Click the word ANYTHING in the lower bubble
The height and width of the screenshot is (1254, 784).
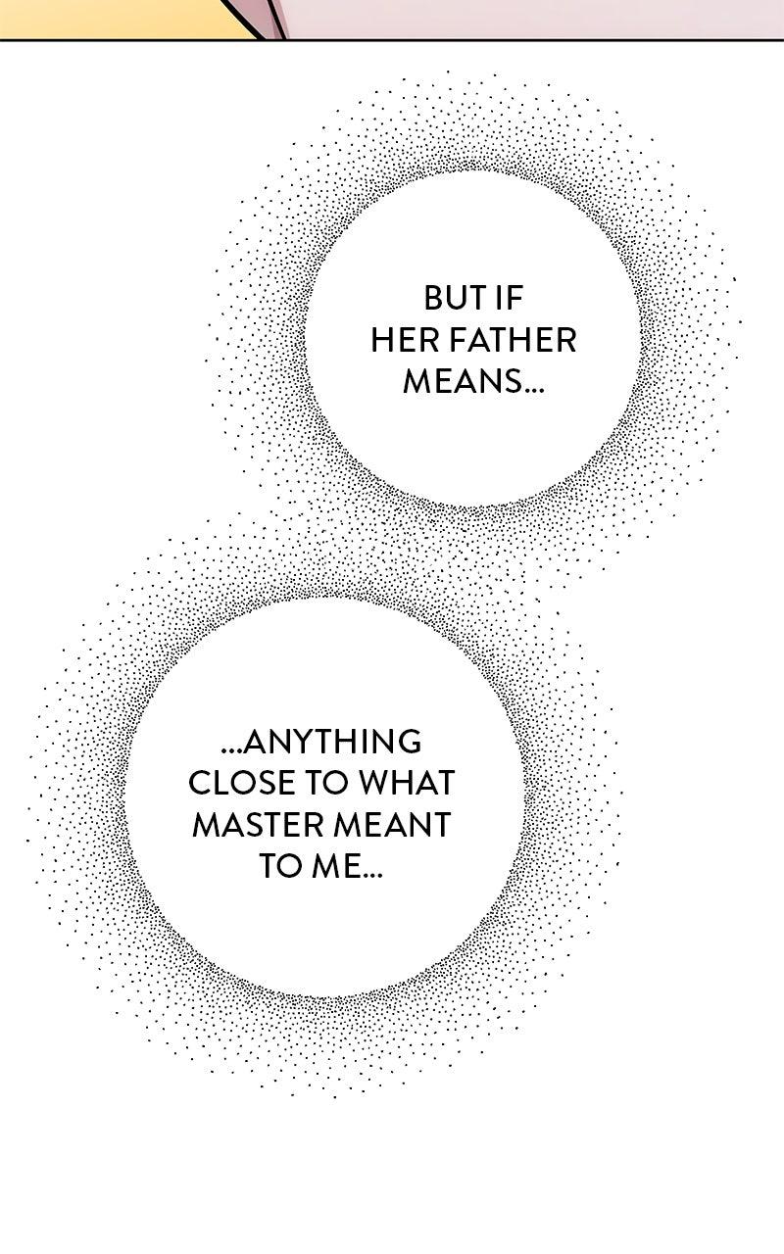[x=333, y=743]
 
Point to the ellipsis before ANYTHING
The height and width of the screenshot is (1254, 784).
[x=233, y=750]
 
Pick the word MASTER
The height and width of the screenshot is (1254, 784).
[x=255, y=825]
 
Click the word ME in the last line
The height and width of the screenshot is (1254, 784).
[x=332, y=867]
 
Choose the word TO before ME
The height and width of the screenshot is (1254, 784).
[x=279, y=867]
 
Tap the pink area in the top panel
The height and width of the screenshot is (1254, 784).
[x=532, y=19]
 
